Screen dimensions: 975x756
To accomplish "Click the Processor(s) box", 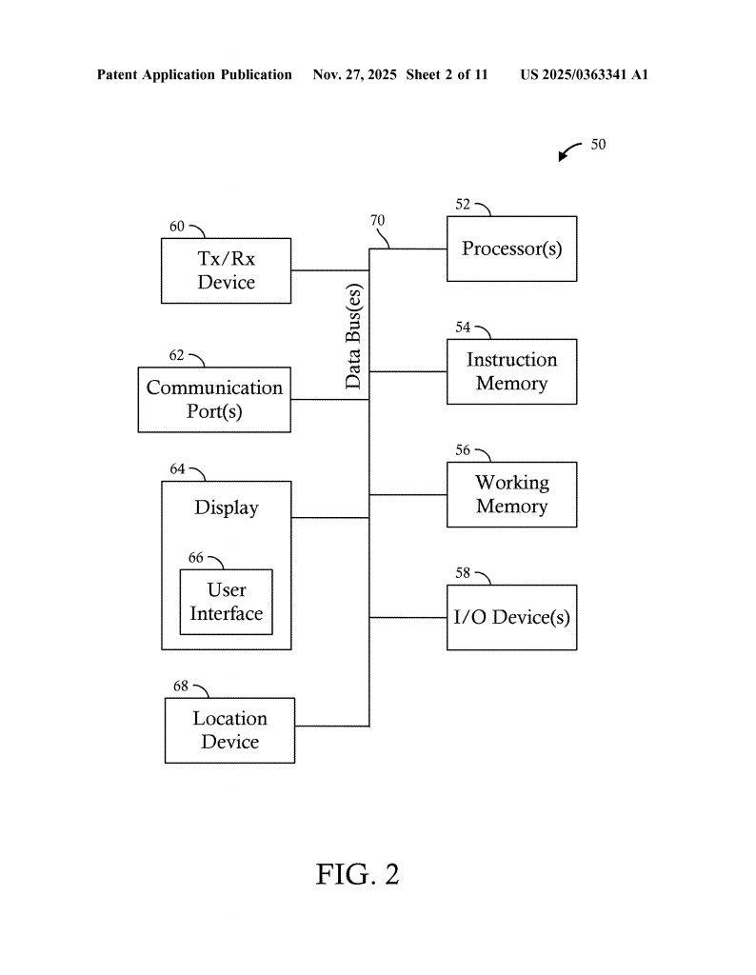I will [x=511, y=249].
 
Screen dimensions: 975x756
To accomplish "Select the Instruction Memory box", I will [x=511, y=371].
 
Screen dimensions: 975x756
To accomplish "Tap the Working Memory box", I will [x=511, y=494].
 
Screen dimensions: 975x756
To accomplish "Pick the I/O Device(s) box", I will [x=511, y=617].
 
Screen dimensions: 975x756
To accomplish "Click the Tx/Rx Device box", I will [x=226, y=270].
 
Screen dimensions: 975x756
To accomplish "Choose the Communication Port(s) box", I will [x=214, y=399].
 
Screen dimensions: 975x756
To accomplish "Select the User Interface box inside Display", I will [x=226, y=602].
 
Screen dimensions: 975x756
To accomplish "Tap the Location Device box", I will [x=229, y=730].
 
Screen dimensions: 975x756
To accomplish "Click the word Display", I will [x=227, y=507].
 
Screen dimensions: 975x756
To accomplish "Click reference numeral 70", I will [x=378, y=221].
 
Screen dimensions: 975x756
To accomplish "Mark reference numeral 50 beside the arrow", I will [x=598, y=145].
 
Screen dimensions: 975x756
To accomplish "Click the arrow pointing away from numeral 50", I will [x=568, y=151].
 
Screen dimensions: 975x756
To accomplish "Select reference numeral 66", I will [x=196, y=558].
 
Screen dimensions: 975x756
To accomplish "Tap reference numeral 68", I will [x=181, y=686].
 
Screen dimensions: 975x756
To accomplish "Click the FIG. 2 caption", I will [x=357, y=874].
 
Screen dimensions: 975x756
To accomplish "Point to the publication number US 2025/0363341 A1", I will [x=584, y=74].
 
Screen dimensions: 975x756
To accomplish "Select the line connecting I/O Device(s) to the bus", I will [x=408, y=617].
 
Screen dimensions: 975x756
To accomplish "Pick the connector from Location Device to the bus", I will [x=331, y=726].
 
